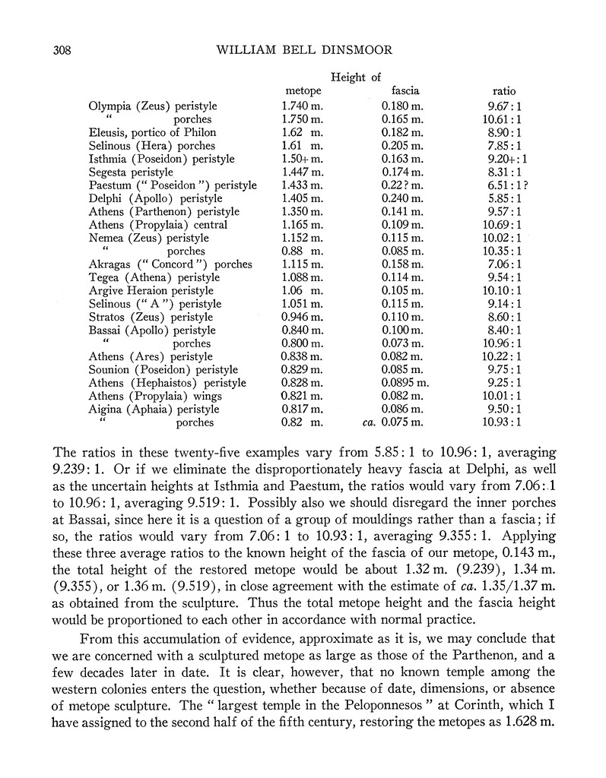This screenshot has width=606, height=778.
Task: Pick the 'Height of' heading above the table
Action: (x=356, y=77)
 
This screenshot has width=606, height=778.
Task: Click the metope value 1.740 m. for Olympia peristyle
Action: (x=302, y=106)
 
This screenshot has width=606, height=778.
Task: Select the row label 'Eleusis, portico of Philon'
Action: (x=152, y=132)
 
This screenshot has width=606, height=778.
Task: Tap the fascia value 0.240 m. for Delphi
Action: (x=402, y=198)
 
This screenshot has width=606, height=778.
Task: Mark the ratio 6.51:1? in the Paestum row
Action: (x=507, y=185)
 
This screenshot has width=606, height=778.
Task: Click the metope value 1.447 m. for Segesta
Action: (x=302, y=172)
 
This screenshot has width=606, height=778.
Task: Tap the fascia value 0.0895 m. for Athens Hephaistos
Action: (x=405, y=383)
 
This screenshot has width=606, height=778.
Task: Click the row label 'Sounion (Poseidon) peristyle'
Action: (x=162, y=370)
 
